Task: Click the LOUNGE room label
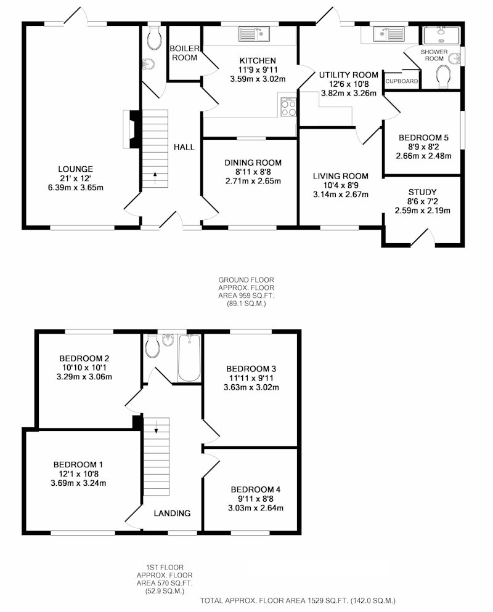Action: [x=75, y=169]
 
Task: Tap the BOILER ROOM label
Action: [x=184, y=53]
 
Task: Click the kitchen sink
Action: [x=255, y=34]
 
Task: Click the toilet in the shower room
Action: [x=443, y=76]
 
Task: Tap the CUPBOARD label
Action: [x=402, y=81]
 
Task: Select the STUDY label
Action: [x=422, y=192]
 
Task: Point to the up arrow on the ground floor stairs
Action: [x=155, y=177]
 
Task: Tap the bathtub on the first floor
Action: [x=189, y=358]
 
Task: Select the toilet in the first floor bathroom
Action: [x=152, y=347]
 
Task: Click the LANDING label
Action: [x=172, y=513]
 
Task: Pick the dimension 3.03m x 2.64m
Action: [x=256, y=508]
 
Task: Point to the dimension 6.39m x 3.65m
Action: [x=75, y=187]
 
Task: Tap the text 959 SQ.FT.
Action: [x=255, y=296]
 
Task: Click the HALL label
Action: [x=184, y=147]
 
